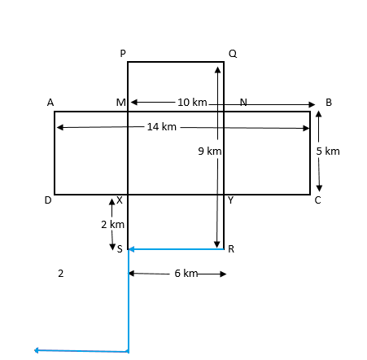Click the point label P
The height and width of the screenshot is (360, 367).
[x=123, y=53]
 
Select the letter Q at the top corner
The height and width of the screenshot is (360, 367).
[x=233, y=54]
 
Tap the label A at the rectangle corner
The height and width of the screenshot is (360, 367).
[x=50, y=103]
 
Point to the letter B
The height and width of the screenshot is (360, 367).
[x=329, y=103]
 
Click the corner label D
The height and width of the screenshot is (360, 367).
[x=48, y=200]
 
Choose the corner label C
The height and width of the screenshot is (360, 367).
[x=317, y=200]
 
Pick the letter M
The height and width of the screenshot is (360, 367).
[x=121, y=103]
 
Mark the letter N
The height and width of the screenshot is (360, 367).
[x=243, y=102]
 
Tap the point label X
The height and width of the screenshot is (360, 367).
[x=120, y=200]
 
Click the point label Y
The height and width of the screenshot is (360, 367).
[x=230, y=200]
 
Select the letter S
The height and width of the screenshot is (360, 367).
[x=120, y=248]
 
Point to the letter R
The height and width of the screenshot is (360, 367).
[x=231, y=248]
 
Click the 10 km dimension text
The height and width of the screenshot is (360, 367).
[x=192, y=103]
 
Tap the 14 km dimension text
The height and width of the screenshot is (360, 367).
[x=162, y=127]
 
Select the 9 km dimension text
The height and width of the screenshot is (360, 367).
[x=210, y=151]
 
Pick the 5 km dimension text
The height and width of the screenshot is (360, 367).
[x=328, y=151]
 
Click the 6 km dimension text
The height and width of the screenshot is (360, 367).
[x=186, y=274]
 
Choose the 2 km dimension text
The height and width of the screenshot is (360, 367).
[x=112, y=225]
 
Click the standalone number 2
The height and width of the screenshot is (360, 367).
[x=61, y=274]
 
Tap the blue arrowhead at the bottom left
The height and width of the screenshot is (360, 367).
[x=37, y=350]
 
